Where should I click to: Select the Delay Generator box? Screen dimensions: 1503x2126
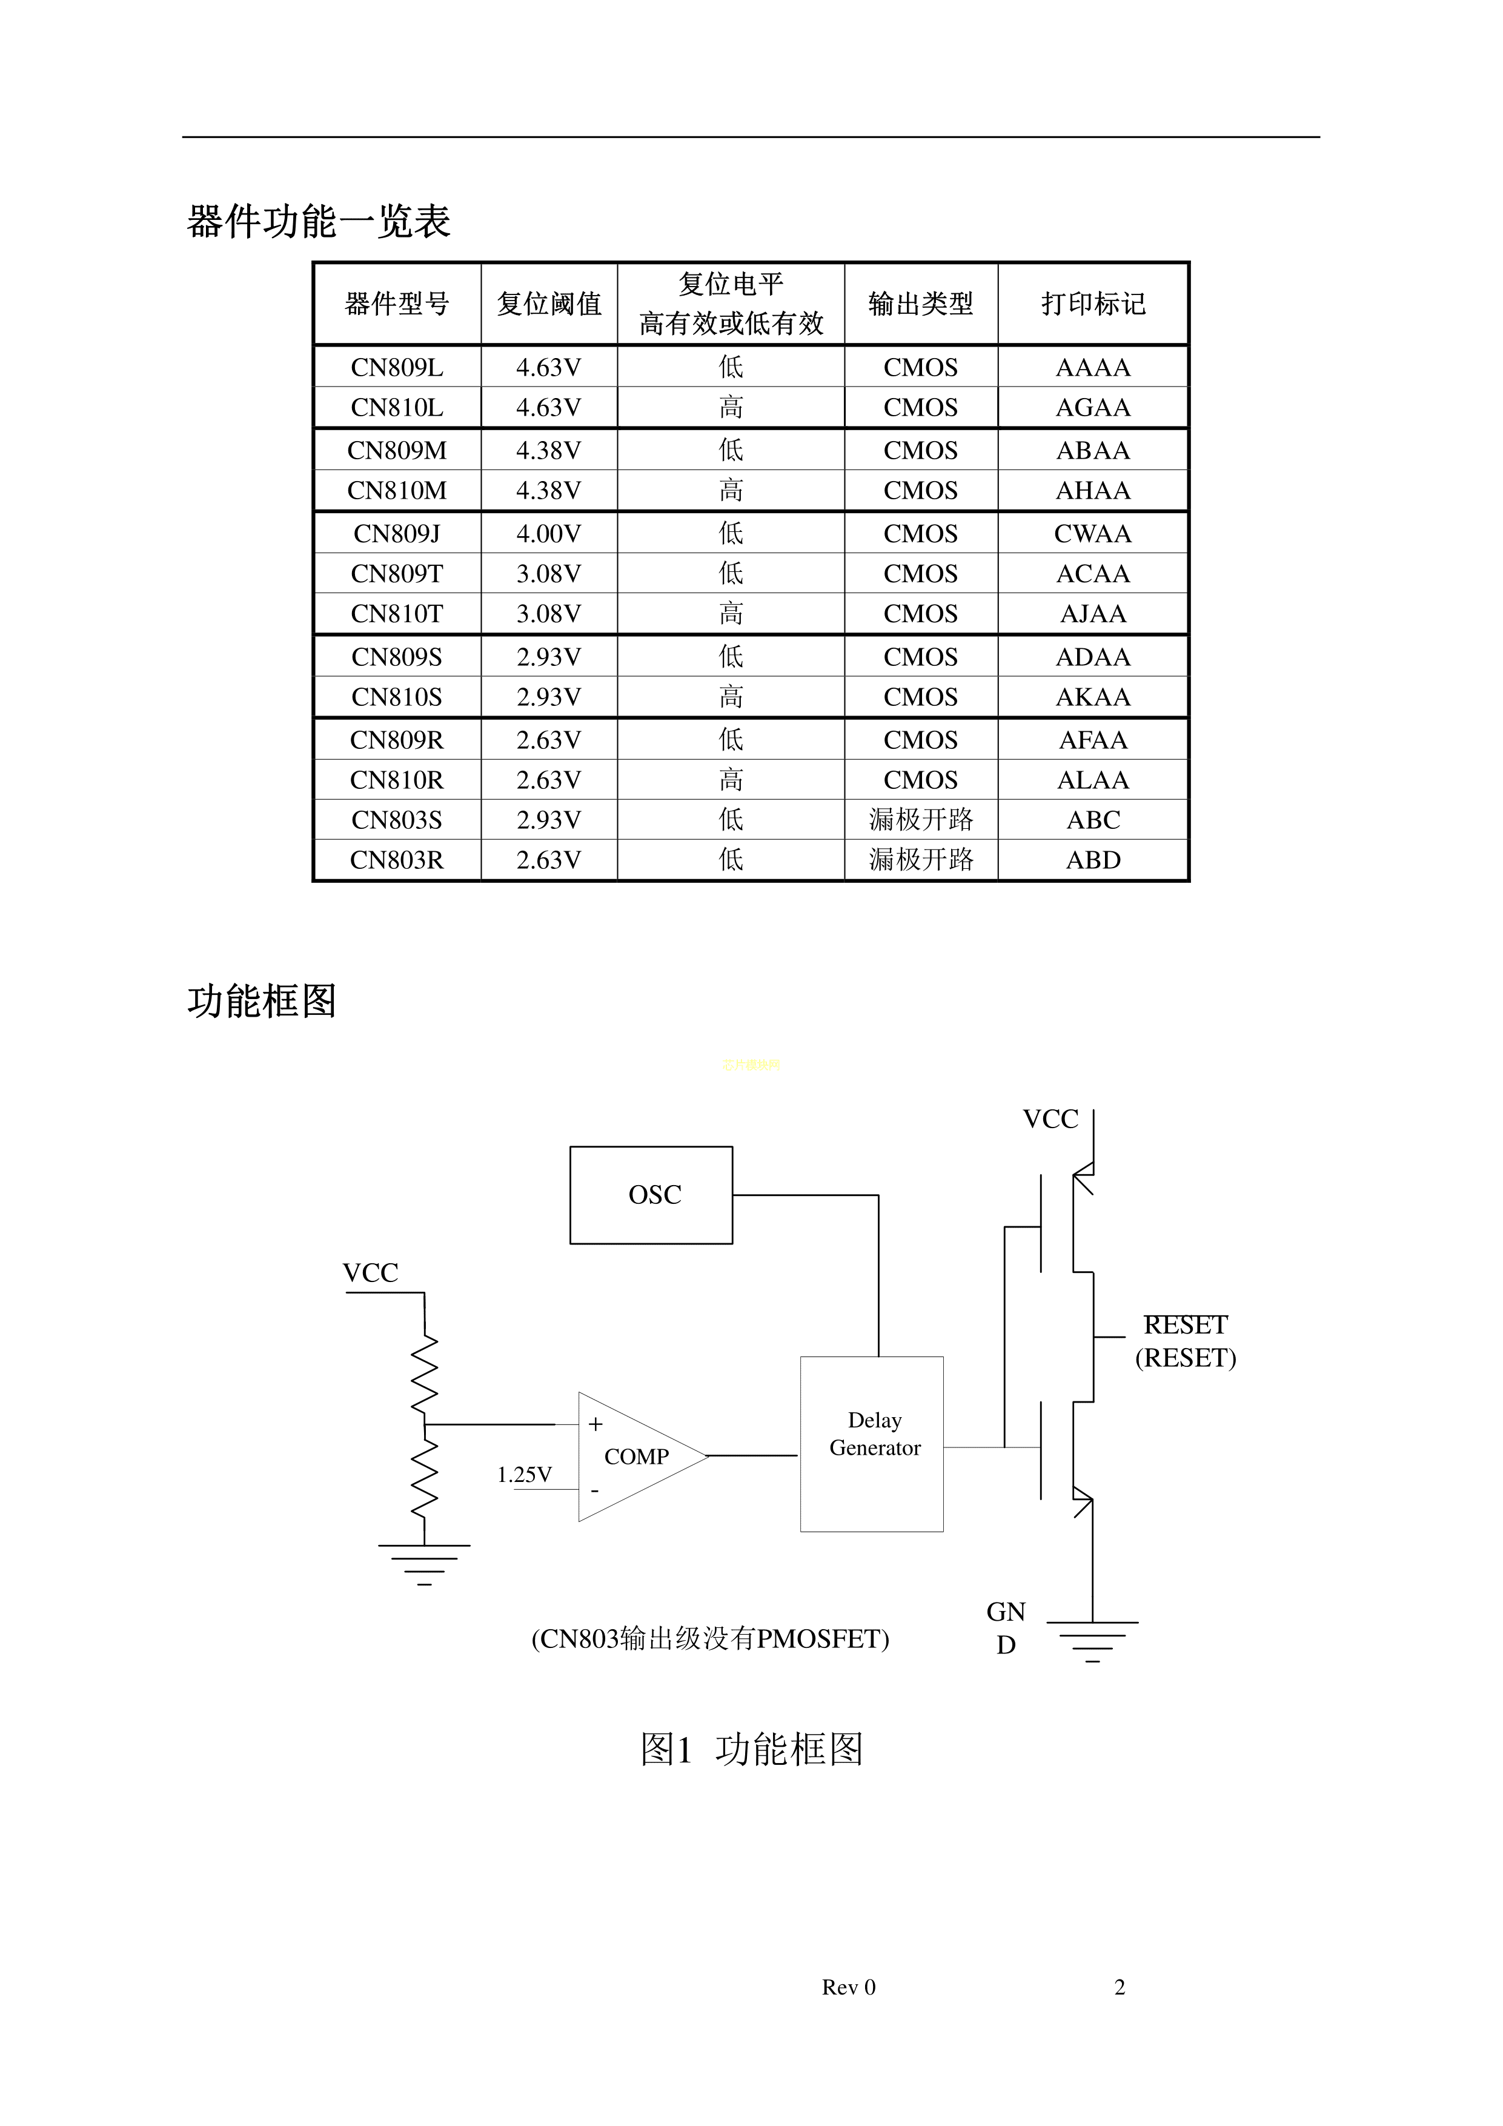(871, 1444)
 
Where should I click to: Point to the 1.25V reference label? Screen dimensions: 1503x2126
(524, 1474)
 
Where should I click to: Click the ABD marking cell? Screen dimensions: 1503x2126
(1093, 860)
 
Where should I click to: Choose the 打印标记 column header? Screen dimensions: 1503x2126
(1093, 304)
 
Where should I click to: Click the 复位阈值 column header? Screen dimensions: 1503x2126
(549, 304)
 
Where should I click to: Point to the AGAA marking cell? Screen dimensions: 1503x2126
(1093, 407)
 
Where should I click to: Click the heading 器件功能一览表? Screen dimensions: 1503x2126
(319, 221)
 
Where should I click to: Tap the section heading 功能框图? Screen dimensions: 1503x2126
(262, 1001)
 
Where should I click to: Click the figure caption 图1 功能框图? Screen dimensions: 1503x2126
(751, 1749)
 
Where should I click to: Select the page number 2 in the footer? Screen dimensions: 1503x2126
(1120, 1987)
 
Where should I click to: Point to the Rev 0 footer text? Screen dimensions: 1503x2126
(848, 1987)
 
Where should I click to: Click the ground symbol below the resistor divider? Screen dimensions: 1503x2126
(424, 1565)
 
